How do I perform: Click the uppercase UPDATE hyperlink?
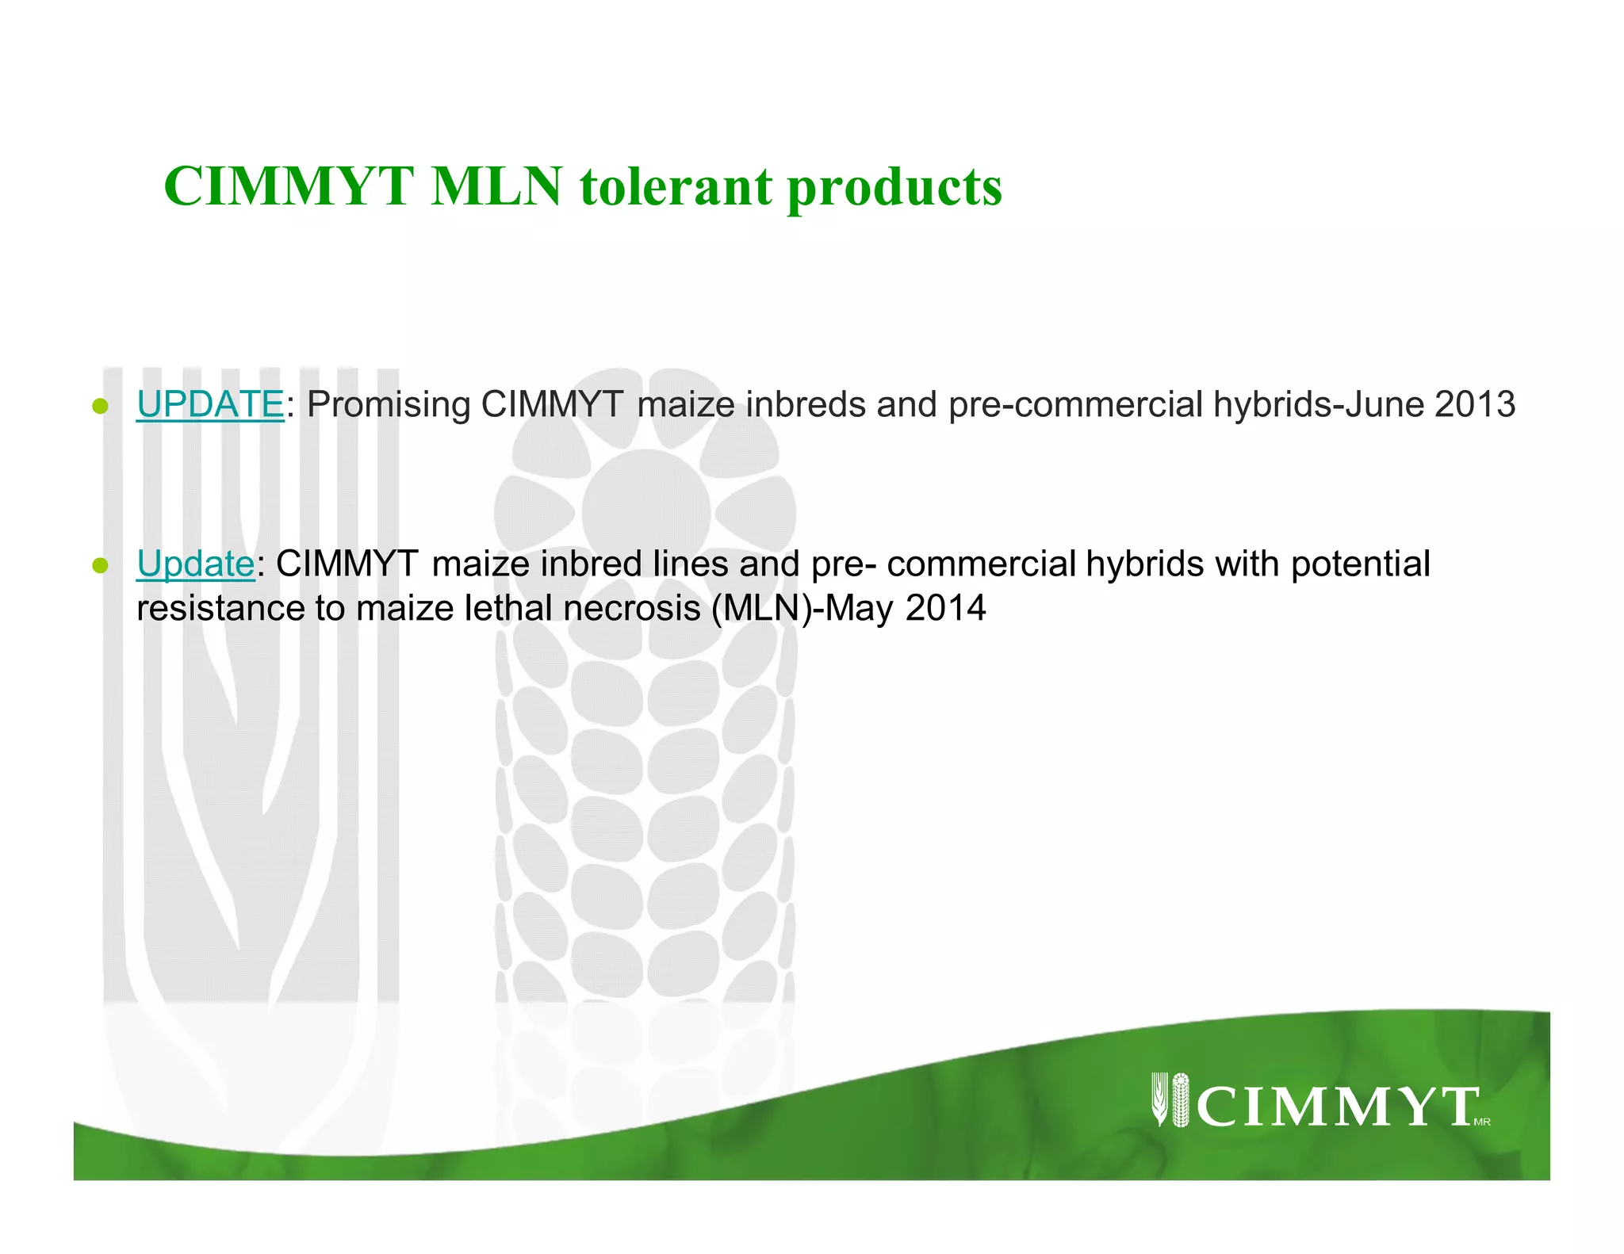click(x=210, y=404)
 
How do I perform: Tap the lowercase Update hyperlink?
click(x=195, y=564)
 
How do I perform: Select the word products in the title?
click(x=894, y=189)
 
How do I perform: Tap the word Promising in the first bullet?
click(x=389, y=406)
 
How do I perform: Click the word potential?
click(x=1361, y=564)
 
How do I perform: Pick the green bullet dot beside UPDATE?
click(x=100, y=407)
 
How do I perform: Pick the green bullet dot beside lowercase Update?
click(x=100, y=566)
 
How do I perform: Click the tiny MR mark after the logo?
click(x=1482, y=1122)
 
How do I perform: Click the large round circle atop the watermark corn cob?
click(x=646, y=512)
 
